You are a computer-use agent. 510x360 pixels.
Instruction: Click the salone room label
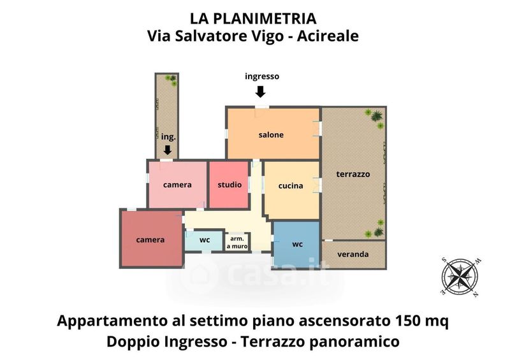tap(271, 134)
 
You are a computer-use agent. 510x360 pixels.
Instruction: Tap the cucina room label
tap(291, 185)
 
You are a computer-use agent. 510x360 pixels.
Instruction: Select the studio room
tap(229, 185)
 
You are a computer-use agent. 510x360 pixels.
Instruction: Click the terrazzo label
tap(353, 174)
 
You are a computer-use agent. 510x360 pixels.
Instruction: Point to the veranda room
tap(354, 254)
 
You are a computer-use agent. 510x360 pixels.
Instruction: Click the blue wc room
tap(296, 243)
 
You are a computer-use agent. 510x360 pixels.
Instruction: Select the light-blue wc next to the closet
tap(204, 240)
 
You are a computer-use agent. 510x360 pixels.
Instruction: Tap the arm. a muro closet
tap(237, 242)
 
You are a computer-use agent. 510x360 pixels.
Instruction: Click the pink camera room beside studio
tap(177, 185)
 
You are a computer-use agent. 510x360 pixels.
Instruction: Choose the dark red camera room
tap(151, 239)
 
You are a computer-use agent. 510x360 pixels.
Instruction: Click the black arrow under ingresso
tap(260, 92)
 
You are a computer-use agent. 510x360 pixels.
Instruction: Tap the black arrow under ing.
tap(168, 150)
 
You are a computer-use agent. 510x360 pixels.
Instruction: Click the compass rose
tap(460, 277)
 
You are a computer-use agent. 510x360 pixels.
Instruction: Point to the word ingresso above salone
tap(262, 76)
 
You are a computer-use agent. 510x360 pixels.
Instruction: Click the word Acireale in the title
tap(328, 36)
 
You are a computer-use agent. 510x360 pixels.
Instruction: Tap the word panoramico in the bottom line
tap(354, 342)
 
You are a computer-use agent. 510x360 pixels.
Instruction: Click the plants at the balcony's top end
tap(171, 80)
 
